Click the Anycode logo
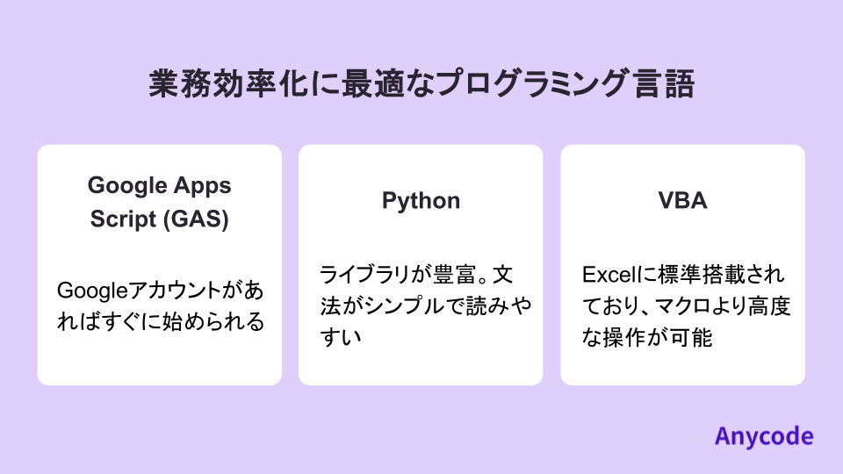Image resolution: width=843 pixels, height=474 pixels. (763, 435)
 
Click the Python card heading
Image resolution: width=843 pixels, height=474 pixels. (421, 201)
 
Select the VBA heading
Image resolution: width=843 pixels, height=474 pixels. (683, 201)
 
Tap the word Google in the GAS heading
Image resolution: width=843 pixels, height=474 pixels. (126, 185)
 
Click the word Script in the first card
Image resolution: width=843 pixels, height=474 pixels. (123, 219)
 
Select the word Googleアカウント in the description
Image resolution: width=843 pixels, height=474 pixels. (140, 291)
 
